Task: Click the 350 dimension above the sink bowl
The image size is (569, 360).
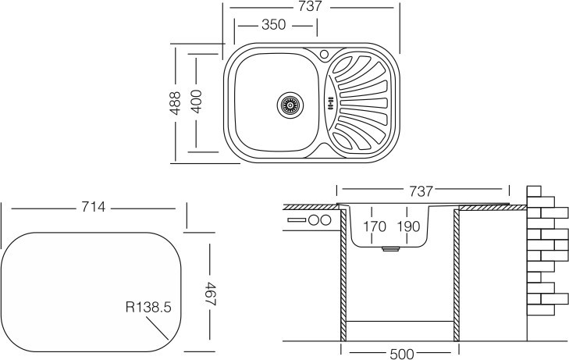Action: pos(274,25)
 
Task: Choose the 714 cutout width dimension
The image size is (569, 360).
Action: pos(94,208)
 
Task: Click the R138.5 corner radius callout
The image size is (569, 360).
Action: pos(147,308)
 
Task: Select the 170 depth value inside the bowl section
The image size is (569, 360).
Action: pos(375,226)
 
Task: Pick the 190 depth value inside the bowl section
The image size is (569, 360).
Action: pos(407,226)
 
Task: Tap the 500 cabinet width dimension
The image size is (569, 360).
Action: pos(400,354)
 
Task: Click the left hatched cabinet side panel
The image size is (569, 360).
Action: pos(343,273)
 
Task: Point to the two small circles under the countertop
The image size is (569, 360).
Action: pos(318,220)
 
